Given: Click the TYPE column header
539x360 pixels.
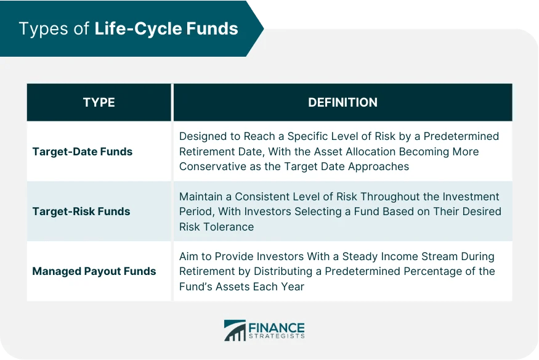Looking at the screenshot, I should point(99,102).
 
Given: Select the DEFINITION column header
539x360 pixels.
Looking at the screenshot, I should point(342,102).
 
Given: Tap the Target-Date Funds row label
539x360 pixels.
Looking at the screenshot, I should point(82,151).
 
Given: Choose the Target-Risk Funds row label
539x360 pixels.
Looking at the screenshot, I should point(81,211).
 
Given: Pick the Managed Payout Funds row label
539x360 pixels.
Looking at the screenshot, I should point(93,271).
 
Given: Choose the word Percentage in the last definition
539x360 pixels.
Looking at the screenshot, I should point(436,271).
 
